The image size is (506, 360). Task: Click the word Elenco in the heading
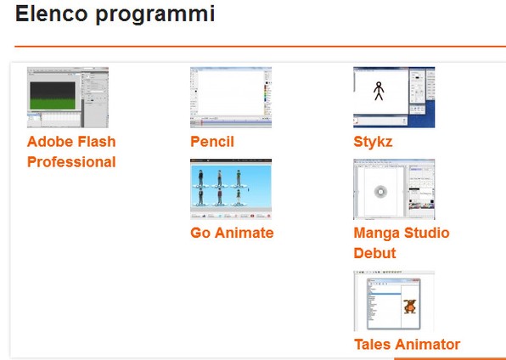tap(52, 14)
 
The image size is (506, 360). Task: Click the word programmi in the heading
tap(155, 15)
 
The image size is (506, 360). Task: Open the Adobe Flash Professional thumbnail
tap(68, 97)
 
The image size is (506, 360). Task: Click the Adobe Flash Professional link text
tap(71, 152)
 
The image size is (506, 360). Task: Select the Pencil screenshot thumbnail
tap(231, 97)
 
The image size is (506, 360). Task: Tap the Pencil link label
tap(212, 142)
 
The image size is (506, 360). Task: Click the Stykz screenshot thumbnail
tap(394, 97)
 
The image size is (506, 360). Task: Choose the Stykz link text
tap(373, 143)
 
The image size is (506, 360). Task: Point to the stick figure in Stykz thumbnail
tap(379, 91)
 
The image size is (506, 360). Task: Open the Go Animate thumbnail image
tap(231, 188)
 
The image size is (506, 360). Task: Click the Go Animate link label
tap(232, 233)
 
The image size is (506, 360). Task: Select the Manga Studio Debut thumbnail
tap(394, 188)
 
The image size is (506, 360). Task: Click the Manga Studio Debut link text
tap(402, 244)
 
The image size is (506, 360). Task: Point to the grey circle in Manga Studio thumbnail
tap(381, 192)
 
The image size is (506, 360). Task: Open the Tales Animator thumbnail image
tap(394, 301)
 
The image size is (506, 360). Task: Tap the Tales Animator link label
tap(408, 344)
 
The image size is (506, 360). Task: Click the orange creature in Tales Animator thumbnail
tap(410, 306)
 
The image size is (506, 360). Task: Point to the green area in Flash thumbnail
tap(53, 104)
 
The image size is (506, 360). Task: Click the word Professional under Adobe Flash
tap(71, 162)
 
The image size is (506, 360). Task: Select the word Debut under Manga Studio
tap(374, 253)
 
